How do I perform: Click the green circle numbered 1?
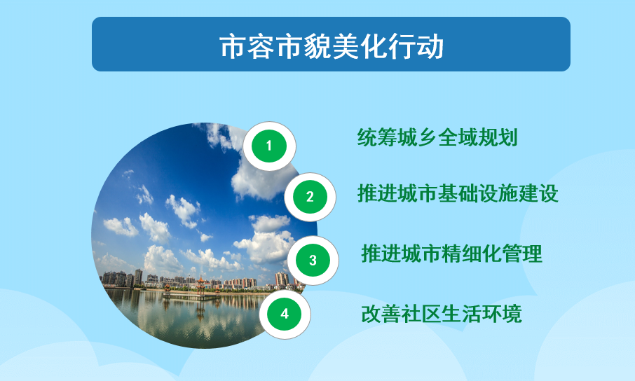point(269,146)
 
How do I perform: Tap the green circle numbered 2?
point(310,197)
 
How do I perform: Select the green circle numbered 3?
point(313,261)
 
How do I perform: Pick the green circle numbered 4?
point(285,314)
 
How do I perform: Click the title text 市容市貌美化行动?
point(332,46)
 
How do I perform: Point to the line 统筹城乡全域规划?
point(437,137)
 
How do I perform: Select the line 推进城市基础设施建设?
point(458,193)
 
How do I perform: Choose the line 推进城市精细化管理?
point(451,254)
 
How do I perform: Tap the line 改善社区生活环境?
point(442,314)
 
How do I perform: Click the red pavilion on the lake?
point(200,286)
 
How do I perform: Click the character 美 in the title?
point(346,46)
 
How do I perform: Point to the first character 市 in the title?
point(233,46)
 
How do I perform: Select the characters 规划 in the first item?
point(498,137)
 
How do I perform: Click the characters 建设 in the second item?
point(538,193)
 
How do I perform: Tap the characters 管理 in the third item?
point(522,254)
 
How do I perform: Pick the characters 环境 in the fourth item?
point(502,314)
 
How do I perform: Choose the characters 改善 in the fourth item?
point(381,314)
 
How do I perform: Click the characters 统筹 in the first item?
point(377,137)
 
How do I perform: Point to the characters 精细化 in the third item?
point(472,254)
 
